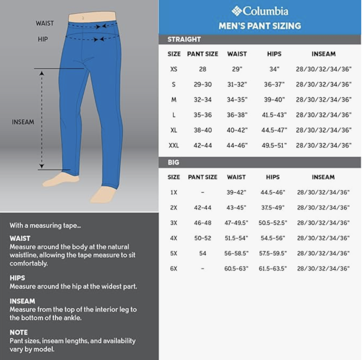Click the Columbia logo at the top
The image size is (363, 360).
click(260, 11)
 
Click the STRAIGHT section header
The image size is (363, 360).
click(184, 39)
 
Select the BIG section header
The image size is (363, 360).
click(173, 162)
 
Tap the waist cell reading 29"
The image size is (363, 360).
click(237, 69)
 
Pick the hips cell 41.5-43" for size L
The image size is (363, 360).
click(274, 115)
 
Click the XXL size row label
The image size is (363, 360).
click(173, 146)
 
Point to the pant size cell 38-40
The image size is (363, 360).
click(203, 130)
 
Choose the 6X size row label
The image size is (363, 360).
click(173, 269)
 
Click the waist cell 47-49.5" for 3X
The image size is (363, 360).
click(236, 223)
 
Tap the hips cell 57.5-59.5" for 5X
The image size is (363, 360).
click(273, 253)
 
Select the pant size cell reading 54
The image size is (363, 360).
click(203, 253)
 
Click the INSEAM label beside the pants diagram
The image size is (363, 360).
click(23, 122)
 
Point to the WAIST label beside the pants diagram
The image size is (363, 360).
click(45, 23)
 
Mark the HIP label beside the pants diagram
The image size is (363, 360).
click(43, 39)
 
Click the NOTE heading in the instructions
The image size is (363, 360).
click(18, 332)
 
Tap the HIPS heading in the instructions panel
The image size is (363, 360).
click(17, 278)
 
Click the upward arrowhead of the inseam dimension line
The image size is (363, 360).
click(42, 73)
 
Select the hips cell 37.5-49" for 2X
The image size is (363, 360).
click(273, 208)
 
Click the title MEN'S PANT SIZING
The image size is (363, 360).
click(260, 26)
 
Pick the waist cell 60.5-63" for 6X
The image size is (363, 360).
click(236, 269)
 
